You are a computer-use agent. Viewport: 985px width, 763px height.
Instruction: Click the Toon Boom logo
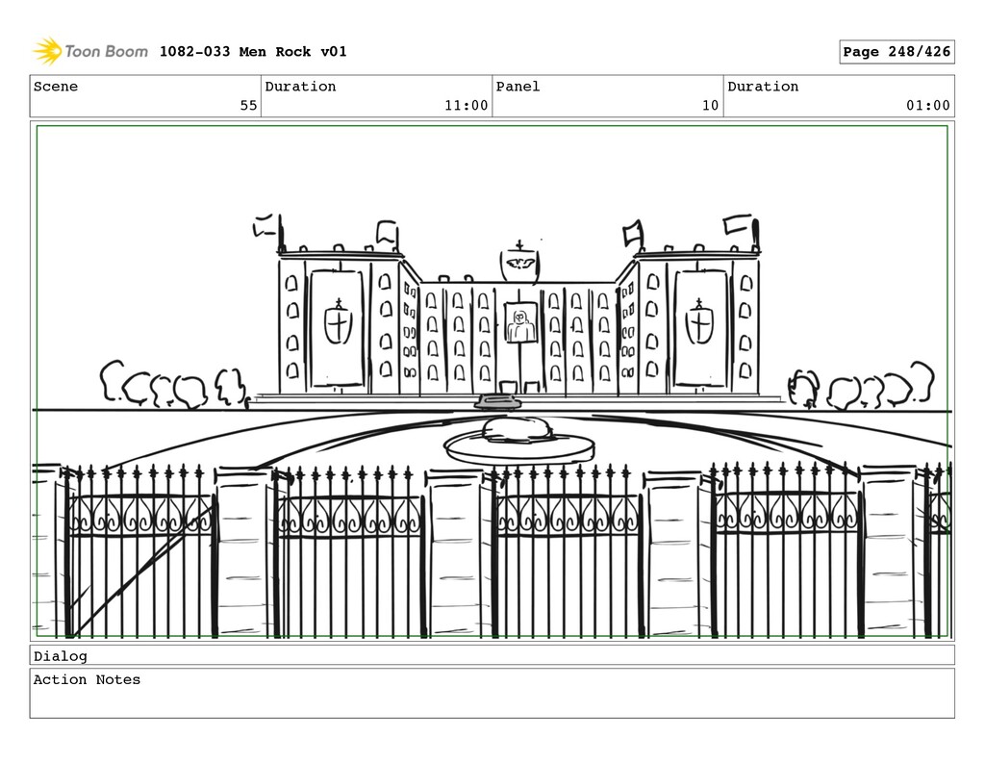(x=90, y=51)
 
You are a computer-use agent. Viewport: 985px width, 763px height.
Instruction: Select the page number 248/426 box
(x=897, y=52)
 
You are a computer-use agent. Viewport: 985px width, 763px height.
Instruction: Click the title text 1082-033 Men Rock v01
(x=253, y=52)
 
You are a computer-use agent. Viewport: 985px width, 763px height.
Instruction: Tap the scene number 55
(x=248, y=106)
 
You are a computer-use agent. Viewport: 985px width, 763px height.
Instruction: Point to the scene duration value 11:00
(x=466, y=106)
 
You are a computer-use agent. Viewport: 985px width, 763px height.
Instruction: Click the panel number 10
(x=710, y=106)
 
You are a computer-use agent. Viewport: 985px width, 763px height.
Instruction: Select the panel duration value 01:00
(x=927, y=106)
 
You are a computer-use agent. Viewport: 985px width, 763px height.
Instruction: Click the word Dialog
(x=60, y=656)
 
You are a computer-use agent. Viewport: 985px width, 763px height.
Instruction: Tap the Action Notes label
(x=87, y=680)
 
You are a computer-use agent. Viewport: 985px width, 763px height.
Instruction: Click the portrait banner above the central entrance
(x=520, y=323)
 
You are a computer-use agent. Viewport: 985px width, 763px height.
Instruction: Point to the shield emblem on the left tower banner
(x=338, y=323)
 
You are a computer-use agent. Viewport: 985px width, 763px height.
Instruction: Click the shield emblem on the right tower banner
(x=699, y=323)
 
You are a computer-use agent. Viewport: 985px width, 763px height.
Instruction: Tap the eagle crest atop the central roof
(x=519, y=262)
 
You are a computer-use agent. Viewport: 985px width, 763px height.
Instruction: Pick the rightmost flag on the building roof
(x=738, y=224)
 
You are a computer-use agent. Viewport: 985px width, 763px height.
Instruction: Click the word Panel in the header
(x=518, y=87)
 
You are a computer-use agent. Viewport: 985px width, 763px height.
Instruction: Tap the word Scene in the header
(x=56, y=87)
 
